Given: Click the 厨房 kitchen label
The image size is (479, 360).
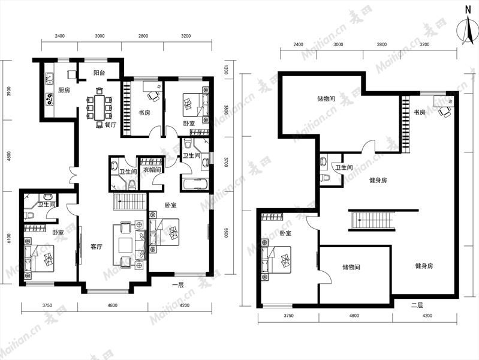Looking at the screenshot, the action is point(64,90).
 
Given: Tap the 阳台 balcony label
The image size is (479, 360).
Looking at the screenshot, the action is point(100,73).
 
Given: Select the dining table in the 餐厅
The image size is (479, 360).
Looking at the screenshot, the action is point(100,107).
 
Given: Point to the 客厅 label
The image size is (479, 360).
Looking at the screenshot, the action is point(97,247).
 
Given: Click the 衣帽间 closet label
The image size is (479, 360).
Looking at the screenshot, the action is point(152,169).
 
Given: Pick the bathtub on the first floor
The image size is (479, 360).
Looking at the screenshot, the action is point(195,184).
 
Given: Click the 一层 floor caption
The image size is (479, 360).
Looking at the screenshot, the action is point(178,286).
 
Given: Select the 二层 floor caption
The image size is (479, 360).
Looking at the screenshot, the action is point(417,305).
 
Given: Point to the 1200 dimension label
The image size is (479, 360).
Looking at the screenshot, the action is point(226,70).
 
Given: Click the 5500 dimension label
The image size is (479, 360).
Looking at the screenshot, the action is point(226,232).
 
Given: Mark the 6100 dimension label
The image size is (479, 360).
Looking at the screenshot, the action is point(9,238).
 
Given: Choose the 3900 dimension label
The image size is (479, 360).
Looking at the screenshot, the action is point(9,91).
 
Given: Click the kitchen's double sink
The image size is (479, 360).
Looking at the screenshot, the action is point(49,79).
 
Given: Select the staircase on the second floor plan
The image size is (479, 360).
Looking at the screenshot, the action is point(372,221).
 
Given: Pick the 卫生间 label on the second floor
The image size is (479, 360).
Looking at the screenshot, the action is point(344,167).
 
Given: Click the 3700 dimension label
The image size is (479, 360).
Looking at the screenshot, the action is point(226,162).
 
